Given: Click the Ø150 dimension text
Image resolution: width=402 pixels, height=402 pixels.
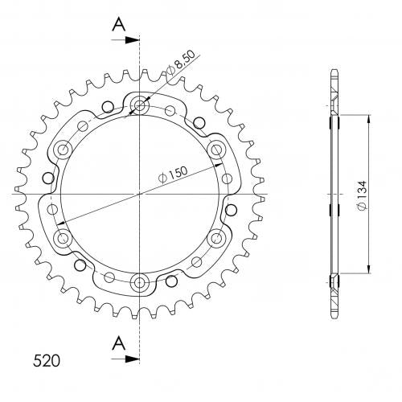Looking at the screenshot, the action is (x=173, y=174).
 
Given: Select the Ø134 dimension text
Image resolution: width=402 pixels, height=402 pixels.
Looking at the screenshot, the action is (x=362, y=195).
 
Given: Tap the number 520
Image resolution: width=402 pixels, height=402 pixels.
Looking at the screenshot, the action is (x=47, y=360).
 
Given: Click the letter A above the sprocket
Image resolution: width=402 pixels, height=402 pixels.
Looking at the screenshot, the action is (x=119, y=24).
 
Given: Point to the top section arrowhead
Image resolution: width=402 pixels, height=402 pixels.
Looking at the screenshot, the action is (x=133, y=40).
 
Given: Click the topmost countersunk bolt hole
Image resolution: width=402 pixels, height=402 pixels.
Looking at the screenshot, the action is (x=139, y=105).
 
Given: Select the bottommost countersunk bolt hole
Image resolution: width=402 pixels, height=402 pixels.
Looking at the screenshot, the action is (x=139, y=281).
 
